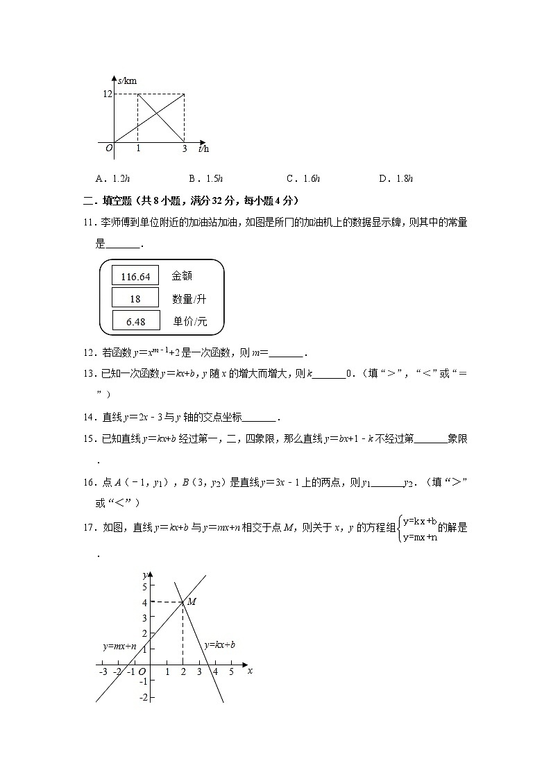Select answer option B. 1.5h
pos(205,179)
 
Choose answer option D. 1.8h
pos(396,179)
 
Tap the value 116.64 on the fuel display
pos(135,276)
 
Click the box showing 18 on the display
pos(135,299)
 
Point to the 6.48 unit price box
pos(135,322)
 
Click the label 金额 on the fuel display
pos(182,276)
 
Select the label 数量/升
pos(189,299)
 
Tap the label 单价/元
pos(189,322)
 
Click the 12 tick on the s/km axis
pos(107,94)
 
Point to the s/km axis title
pos(127,81)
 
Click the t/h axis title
pos(203,148)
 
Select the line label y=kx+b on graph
pos(219,644)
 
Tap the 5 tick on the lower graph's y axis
pos(144,587)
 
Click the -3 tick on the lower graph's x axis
pos(103,671)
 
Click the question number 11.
pos(87,222)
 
